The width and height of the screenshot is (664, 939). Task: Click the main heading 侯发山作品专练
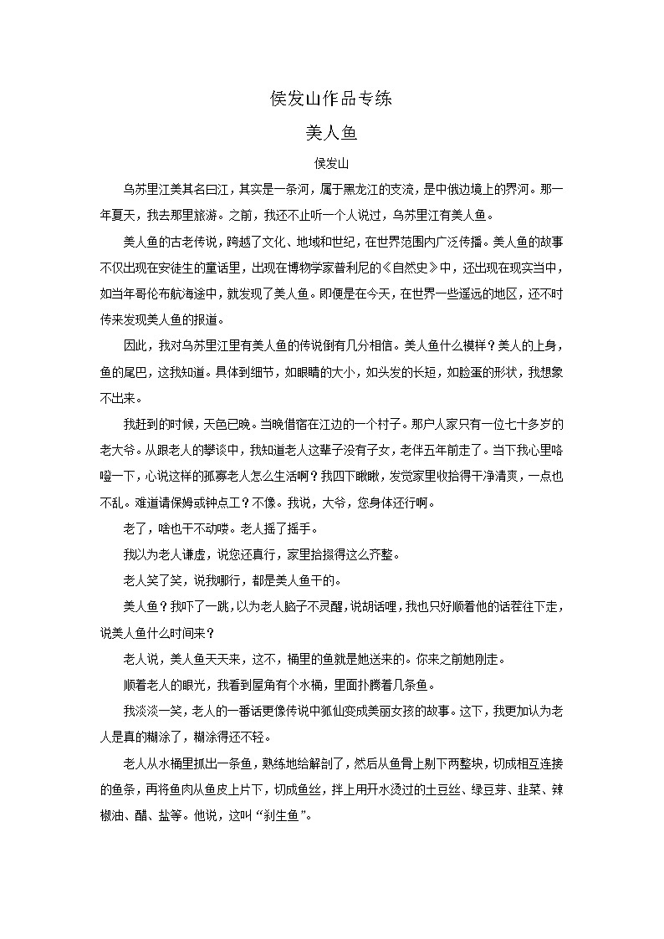click(332, 99)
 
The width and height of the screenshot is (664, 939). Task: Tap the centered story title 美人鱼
click(332, 132)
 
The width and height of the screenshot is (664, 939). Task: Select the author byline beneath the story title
click(332, 161)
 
